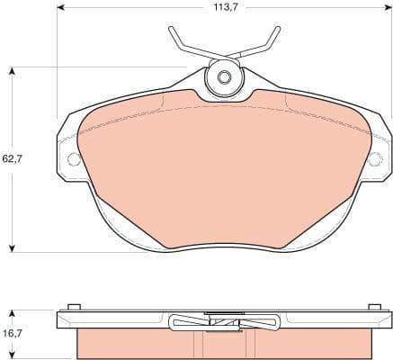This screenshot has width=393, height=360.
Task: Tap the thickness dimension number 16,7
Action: point(12,333)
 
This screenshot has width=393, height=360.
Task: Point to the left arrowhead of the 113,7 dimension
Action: point(60,8)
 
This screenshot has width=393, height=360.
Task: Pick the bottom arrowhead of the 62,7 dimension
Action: point(13,247)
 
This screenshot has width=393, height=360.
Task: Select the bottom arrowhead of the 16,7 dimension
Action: point(13,355)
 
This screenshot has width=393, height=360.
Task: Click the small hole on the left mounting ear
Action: point(74,159)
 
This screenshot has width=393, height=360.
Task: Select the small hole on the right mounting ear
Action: point(375,159)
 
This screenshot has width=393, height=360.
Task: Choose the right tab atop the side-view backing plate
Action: point(371,309)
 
